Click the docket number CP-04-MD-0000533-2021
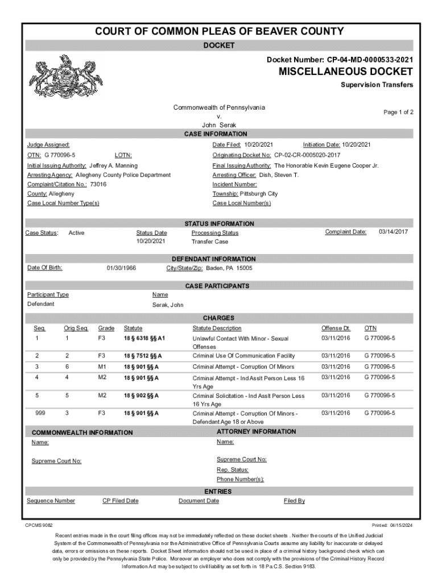[x=369, y=59]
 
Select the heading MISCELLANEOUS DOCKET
[x=345, y=72]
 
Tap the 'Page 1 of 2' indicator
[x=398, y=113]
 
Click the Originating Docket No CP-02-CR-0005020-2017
[x=307, y=155]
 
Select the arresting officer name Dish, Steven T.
[x=278, y=175]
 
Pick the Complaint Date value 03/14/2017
[x=393, y=232]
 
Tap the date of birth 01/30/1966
[x=121, y=268]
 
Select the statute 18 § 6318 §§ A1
[x=144, y=338]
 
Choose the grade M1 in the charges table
[x=102, y=367]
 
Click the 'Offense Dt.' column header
[x=336, y=328]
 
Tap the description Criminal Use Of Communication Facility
[x=243, y=356]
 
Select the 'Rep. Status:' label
[x=232, y=469]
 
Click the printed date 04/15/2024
[x=402, y=525]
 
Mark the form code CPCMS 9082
[x=39, y=525]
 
